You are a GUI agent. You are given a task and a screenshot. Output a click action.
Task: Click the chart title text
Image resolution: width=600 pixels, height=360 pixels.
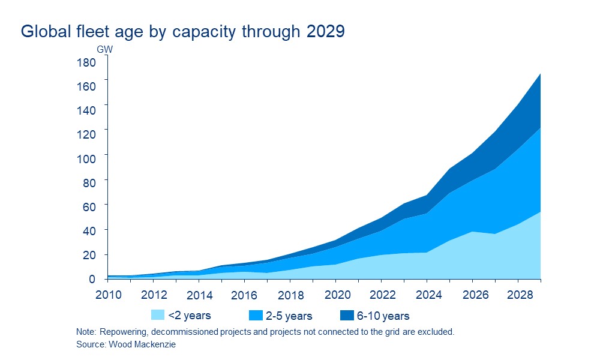coord(182,32)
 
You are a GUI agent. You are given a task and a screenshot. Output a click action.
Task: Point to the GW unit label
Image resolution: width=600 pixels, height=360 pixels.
coord(104,49)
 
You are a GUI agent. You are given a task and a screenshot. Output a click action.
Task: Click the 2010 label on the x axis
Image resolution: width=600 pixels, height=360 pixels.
coord(108,295)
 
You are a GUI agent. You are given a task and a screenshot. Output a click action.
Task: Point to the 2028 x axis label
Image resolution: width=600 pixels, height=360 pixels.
coord(518,295)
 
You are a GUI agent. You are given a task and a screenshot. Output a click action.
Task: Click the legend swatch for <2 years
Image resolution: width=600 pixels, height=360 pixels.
coord(158,315)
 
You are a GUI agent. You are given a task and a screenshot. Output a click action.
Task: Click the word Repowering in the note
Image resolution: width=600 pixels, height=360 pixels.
coord(121,332)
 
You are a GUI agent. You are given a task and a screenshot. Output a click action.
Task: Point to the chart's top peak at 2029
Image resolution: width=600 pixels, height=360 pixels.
coord(541,73)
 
